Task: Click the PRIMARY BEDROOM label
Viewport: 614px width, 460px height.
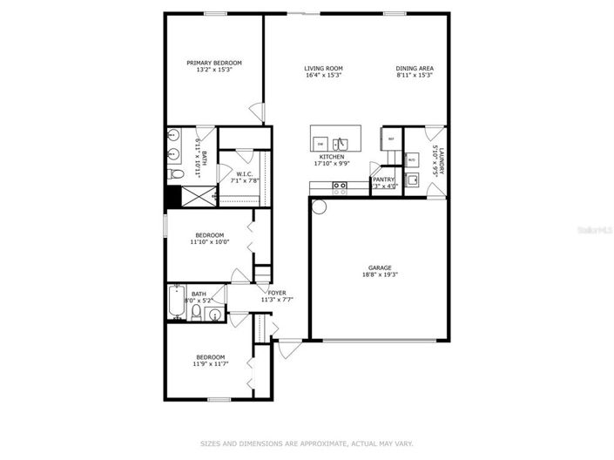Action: (213, 63)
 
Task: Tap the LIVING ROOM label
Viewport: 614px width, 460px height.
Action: (323, 69)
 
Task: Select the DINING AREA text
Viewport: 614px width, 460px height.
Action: (415, 69)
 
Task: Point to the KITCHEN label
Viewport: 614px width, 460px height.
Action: (331, 157)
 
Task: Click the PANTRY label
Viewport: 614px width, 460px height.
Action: (384, 179)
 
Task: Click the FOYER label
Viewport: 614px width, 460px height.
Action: (277, 293)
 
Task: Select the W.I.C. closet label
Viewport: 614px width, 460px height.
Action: (244, 173)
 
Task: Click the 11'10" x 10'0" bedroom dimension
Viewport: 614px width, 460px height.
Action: (209, 241)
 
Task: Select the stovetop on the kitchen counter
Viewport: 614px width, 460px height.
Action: (340, 185)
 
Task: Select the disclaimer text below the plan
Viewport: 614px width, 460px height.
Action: (307, 443)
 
